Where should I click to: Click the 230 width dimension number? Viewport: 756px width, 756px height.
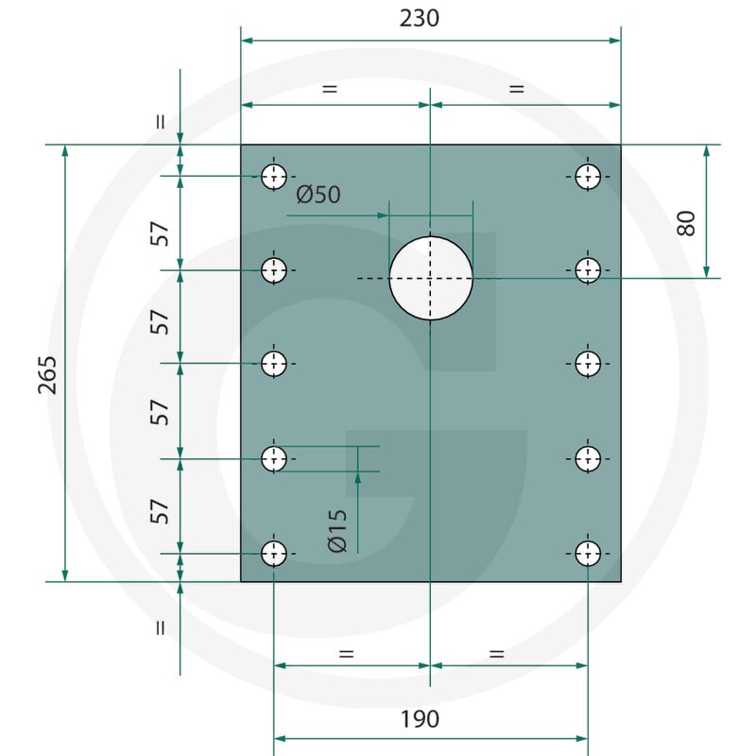point(419,19)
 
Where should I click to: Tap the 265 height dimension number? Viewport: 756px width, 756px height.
point(47,375)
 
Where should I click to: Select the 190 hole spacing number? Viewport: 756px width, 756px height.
point(420,719)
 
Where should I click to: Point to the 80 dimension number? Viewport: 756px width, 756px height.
point(686,223)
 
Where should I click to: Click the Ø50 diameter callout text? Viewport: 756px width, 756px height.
point(318,195)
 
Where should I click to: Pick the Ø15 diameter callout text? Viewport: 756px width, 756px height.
point(337,531)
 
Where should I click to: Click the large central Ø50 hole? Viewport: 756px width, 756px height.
point(431,278)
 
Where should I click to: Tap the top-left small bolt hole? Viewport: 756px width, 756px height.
point(274,177)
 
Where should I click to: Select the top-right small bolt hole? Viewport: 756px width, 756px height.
point(588,177)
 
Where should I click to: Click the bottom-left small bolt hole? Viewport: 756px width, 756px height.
point(274,554)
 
